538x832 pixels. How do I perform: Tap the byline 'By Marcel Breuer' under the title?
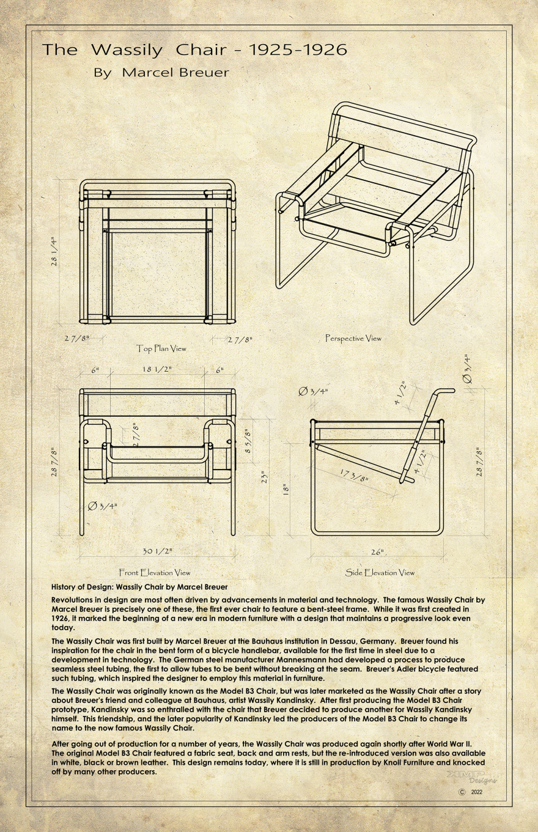point(161,73)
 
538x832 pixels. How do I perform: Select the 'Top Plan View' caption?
point(161,348)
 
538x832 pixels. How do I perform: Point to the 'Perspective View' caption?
point(353,338)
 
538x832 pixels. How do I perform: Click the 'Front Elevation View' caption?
point(154,573)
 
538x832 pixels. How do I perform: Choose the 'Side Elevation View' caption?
point(380,573)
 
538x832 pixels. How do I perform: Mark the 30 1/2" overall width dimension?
point(157,551)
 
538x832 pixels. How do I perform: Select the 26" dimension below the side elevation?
point(377,552)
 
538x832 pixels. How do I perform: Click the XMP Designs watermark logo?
point(471,776)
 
